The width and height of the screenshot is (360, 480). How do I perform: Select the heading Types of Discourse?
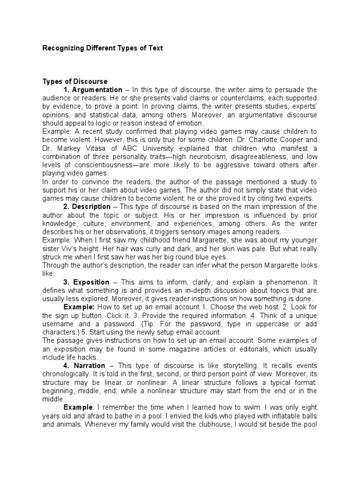(x=75, y=82)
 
